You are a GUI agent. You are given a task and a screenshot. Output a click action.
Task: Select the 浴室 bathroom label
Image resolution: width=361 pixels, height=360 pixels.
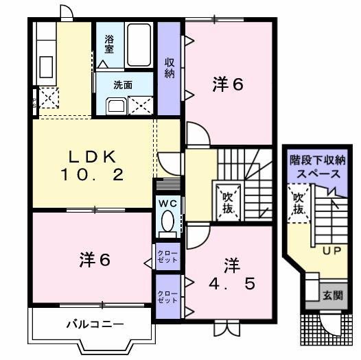pyautogui.click(x=110, y=45)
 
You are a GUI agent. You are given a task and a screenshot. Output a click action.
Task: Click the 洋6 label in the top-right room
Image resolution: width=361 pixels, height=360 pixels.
pyautogui.click(x=227, y=84)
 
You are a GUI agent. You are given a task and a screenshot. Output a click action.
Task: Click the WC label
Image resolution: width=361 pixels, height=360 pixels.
pyautogui.click(x=167, y=204)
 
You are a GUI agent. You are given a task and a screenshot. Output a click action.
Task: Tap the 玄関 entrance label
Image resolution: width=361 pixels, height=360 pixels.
pyautogui.click(x=333, y=296)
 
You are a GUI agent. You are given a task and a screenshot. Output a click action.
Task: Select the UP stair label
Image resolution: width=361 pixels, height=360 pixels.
pyautogui.click(x=332, y=250)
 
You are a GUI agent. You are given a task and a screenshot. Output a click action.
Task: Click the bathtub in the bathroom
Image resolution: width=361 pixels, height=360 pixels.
pyautogui.click(x=139, y=44)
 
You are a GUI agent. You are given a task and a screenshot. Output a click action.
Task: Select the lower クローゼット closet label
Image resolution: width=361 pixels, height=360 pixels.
pyautogui.click(x=167, y=297)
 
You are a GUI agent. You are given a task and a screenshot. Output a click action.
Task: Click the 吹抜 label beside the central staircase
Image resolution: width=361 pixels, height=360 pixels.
pyautogui.click(x=227, y=201)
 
